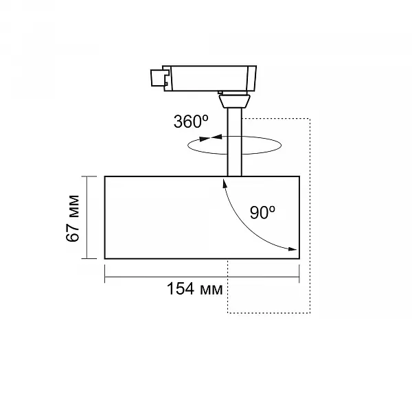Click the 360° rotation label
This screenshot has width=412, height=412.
[191, 122]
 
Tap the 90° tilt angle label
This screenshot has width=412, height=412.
[262, 213]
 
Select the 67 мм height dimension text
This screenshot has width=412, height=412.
[73, 218]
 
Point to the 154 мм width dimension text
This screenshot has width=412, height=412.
[195, 289]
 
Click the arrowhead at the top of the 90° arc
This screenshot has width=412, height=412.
[225, 183]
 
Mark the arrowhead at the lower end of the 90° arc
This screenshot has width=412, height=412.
[293, 249]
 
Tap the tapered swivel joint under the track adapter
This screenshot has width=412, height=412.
[235, 102]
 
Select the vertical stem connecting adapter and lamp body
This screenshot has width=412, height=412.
[234, 142]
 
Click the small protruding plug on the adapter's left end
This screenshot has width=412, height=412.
[158, 78]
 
